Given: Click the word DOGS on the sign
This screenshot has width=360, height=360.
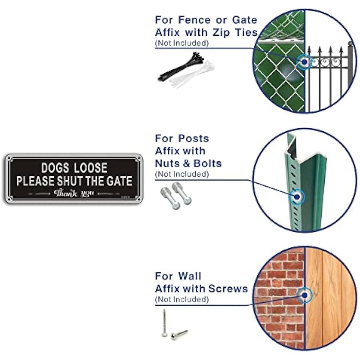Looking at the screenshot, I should (55, 168).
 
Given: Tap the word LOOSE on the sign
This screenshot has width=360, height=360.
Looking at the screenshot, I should (91, 168).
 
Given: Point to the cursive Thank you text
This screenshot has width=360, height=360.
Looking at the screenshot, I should (74, 193).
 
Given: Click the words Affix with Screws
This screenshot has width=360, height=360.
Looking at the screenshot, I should (201, 289).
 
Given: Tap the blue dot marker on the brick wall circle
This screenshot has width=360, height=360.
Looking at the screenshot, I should (305, 296).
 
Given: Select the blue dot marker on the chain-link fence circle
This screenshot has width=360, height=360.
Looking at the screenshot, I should (304, 61).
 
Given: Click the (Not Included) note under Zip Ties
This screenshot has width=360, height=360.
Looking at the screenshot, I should (182, 43).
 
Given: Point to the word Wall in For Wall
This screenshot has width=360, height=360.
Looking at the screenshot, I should (190, 276).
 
